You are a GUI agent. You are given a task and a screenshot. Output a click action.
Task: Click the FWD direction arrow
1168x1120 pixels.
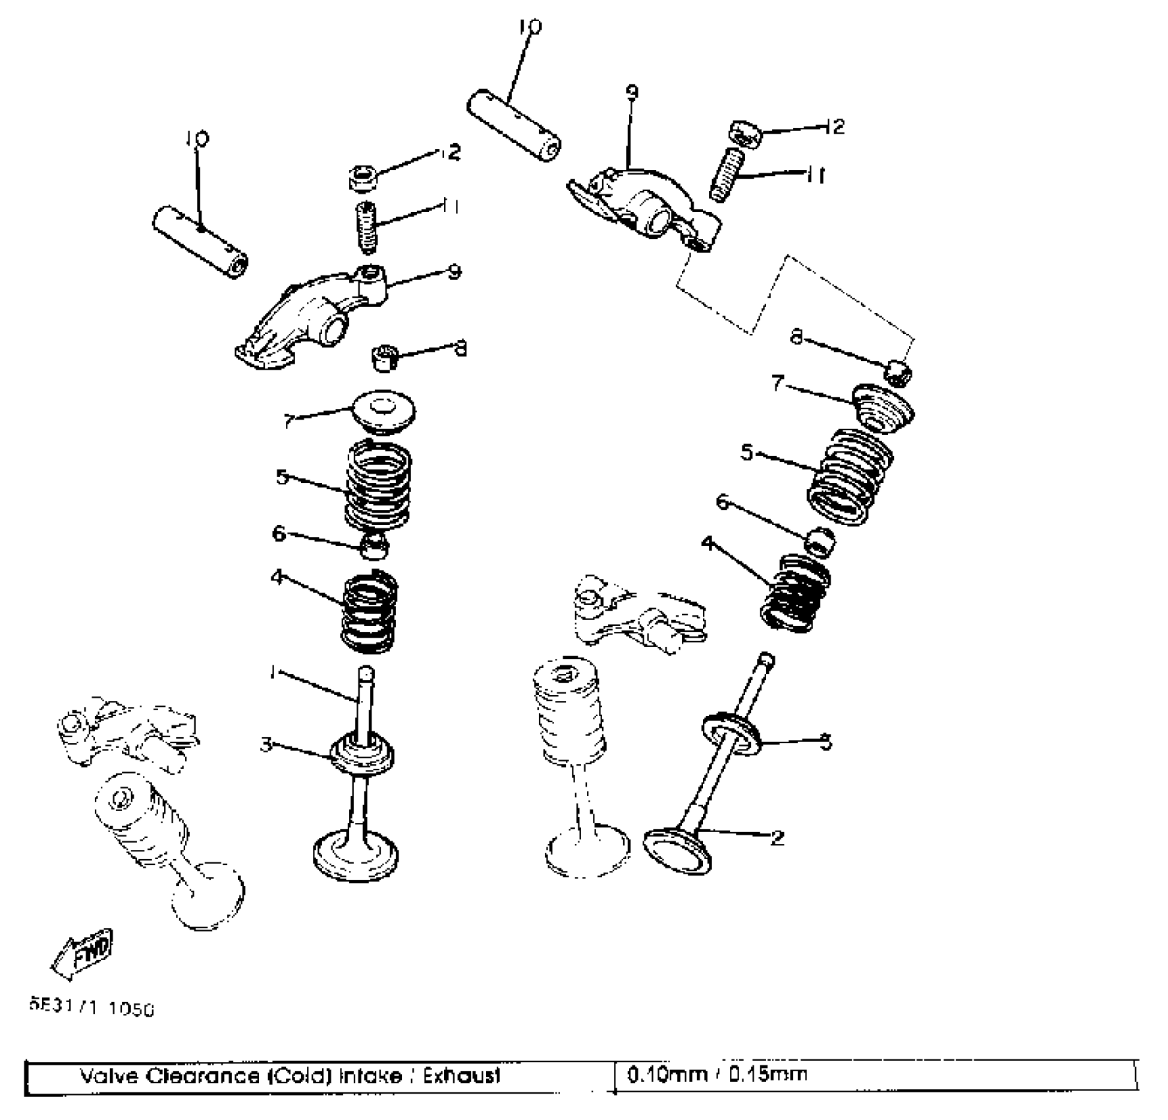point(83,953)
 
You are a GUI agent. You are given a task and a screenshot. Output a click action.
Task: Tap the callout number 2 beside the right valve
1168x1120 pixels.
point(777,837)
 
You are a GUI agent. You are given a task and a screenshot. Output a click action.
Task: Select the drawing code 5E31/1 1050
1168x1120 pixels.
point(92,1008)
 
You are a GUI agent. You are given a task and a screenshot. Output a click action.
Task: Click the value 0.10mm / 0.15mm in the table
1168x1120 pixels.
point(717,1075)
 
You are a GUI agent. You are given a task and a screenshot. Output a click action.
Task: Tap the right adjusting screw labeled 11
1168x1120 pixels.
point(726,175)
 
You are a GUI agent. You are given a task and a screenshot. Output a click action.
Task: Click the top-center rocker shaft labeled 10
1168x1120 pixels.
point(514,126)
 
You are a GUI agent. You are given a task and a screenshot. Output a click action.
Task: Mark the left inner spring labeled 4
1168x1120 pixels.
point(370,612)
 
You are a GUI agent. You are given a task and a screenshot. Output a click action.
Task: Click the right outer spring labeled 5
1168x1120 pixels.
point(850,476)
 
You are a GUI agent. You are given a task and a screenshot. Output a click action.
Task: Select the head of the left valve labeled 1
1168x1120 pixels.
point(356,856)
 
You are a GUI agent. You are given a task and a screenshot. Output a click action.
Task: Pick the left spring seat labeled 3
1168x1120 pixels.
point(364,754)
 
